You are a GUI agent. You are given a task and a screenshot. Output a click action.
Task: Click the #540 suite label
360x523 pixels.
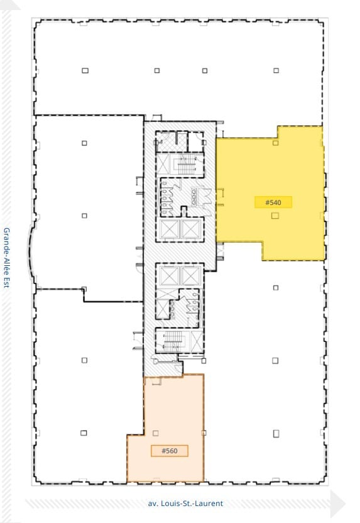(x=273, y=202)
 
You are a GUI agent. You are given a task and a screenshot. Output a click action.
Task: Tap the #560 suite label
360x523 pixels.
(x=169, y=451)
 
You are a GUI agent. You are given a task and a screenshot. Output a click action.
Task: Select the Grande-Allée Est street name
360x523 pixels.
(x=7, y=258)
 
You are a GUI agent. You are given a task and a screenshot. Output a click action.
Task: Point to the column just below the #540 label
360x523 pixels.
(x=275, y=216)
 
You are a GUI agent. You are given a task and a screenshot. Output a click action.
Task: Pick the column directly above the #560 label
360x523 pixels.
(x=156, y=432)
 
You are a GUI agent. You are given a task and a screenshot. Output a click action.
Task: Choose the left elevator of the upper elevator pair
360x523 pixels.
(x=170, y=229)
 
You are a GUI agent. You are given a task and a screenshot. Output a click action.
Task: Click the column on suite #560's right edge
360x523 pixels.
(x=204, y=432)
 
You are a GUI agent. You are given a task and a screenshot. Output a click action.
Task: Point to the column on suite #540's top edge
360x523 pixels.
(x=275, y=143)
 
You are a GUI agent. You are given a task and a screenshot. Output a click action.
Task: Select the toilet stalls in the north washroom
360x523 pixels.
(x=168, y=195)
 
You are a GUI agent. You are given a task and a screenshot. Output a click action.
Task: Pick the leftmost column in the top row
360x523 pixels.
(x=85, y=70)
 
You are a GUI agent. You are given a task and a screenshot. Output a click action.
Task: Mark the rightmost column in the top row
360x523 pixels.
(x=276, y=70)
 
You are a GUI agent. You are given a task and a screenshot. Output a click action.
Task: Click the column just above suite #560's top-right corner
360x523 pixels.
(x=204, y=361)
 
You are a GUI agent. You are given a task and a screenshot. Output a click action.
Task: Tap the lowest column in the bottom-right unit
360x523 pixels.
(x=276, y=433)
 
